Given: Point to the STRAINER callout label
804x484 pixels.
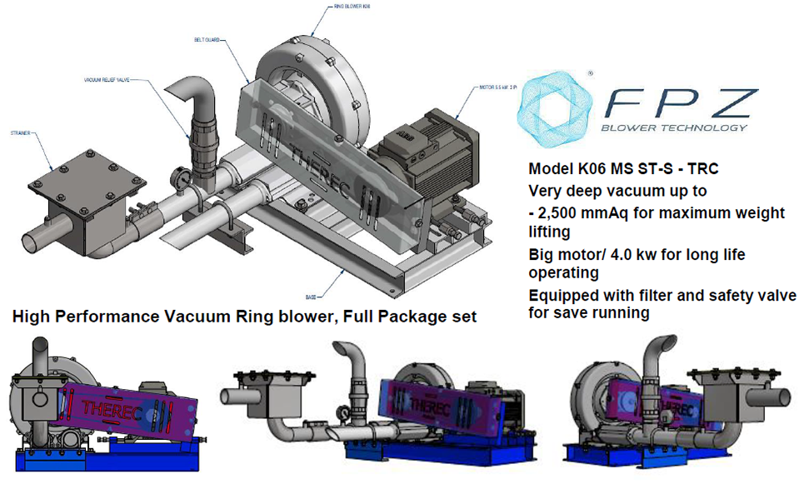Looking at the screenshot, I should pyautogui.click(x=22, y=132).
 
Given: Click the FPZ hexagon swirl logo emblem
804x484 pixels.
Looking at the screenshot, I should pyautogui.click(x=551, y=105).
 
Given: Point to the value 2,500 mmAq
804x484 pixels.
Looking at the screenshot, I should pyautogui.click(x=585, y=214).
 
